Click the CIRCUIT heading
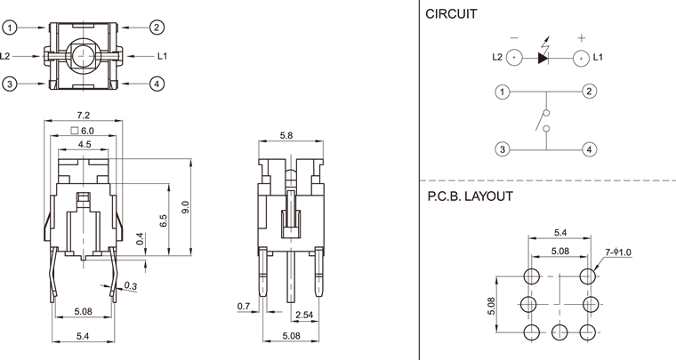[x=451, y=14]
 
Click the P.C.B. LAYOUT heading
[x=469, y=196]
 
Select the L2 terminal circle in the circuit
[x=514, y=59]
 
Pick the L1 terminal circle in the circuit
[x=580, y=59]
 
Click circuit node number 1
[x=503, y=92]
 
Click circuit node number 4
[x=589, y=149]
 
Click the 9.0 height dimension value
[x=186, y=208]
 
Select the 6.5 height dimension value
[x=164, y=221]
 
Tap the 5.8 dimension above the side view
[x=286, y=136]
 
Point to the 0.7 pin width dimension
[x=244, y=307]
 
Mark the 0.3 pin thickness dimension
[x=132, y=285]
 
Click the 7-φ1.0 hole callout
[x=618, y=252]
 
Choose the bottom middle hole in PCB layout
[x=559, y=332]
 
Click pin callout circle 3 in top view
[x=10, y=84]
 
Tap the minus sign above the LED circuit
[x=514, y=38]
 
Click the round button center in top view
[x=83, y=55]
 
